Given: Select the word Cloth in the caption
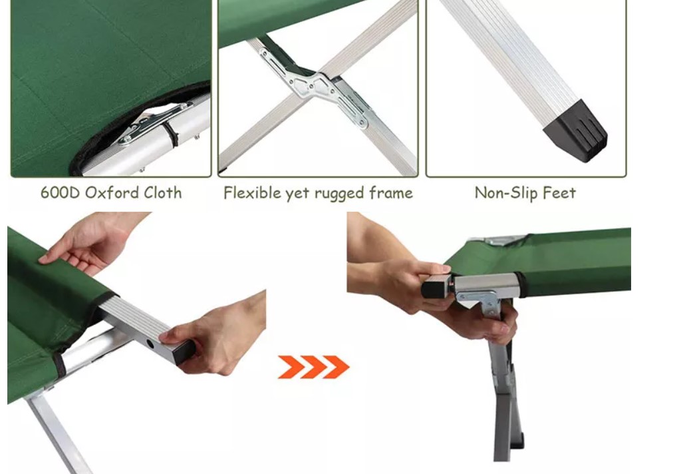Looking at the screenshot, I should click(x=159, y=193).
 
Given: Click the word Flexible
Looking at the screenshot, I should click(x=252, y=193).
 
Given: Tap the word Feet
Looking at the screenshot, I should click(x=559, y=193).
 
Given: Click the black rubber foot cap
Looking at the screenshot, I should click(x=577, y=131).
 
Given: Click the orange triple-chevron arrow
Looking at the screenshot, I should click(x=313, y=367).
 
